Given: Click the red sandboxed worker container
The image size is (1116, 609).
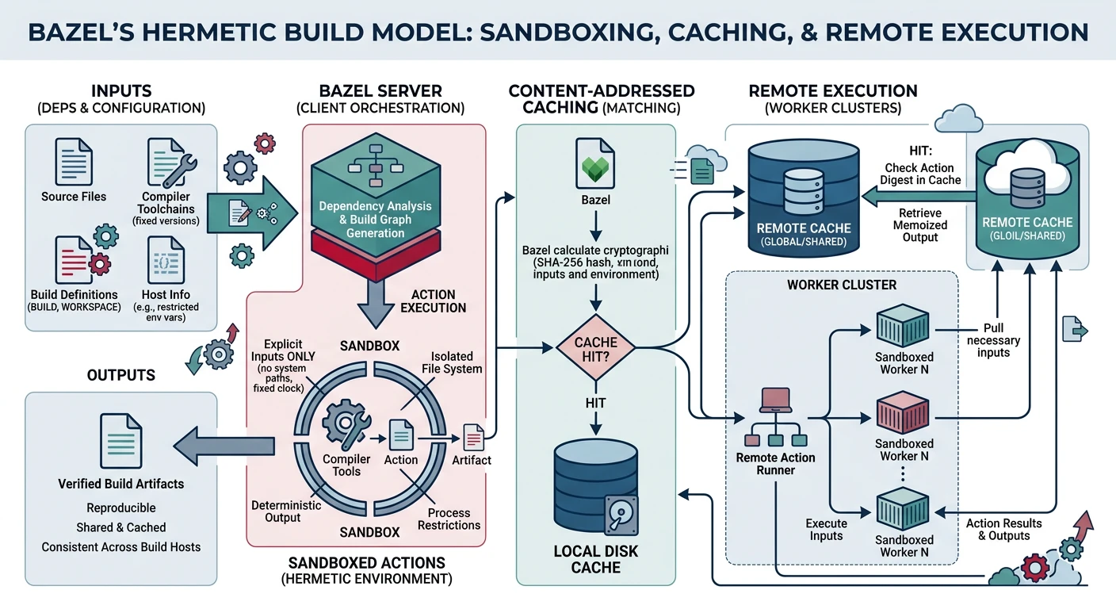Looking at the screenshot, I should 904,412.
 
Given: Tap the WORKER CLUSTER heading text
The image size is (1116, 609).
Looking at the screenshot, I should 841,284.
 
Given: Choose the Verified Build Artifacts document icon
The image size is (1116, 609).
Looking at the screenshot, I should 120,439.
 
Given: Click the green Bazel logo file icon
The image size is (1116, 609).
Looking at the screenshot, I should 594,163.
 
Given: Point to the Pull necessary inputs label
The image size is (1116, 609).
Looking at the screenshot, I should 993,340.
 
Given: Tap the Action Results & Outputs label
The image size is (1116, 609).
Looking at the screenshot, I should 1003,529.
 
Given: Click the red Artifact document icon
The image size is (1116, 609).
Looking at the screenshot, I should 473,435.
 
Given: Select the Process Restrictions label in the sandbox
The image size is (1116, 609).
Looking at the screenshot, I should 449,519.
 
